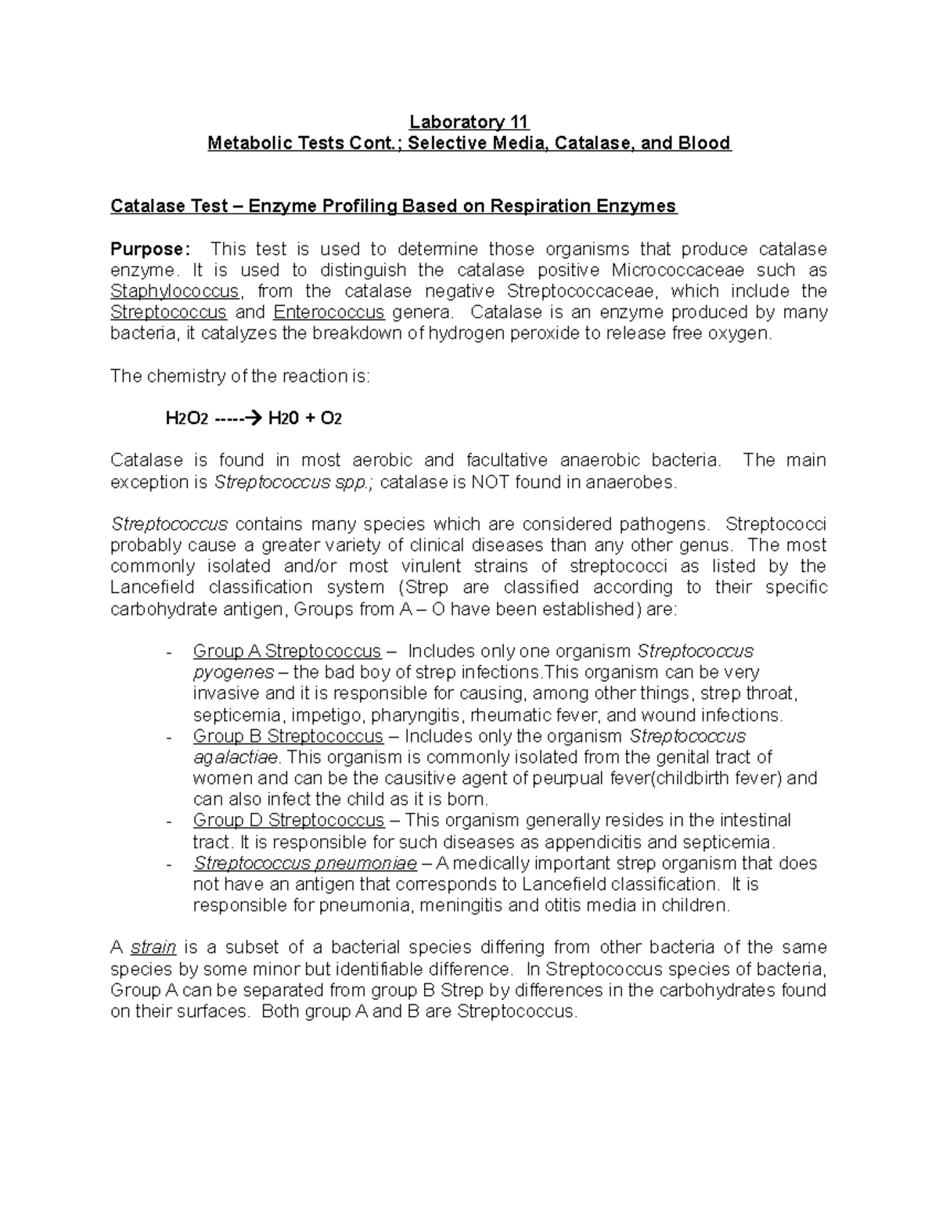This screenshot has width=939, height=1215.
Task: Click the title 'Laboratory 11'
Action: [469, 122]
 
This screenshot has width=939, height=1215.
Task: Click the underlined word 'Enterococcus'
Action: [329, 313]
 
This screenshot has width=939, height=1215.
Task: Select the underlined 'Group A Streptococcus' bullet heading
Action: [286, 651]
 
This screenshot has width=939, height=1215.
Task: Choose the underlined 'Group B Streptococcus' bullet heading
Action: [288, 736]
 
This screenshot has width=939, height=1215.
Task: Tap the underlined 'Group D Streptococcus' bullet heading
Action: [289, 820]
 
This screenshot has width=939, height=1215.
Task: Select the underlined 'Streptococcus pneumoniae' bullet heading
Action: [305, 864]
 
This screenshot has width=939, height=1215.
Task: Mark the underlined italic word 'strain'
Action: [153, 947]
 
